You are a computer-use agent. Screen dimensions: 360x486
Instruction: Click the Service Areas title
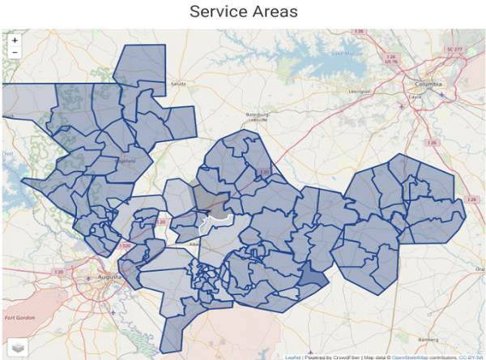click(243, 12)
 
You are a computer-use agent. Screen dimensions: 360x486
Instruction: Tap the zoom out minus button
click(15, 52)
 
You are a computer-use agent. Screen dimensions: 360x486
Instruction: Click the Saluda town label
click(178, 84)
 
